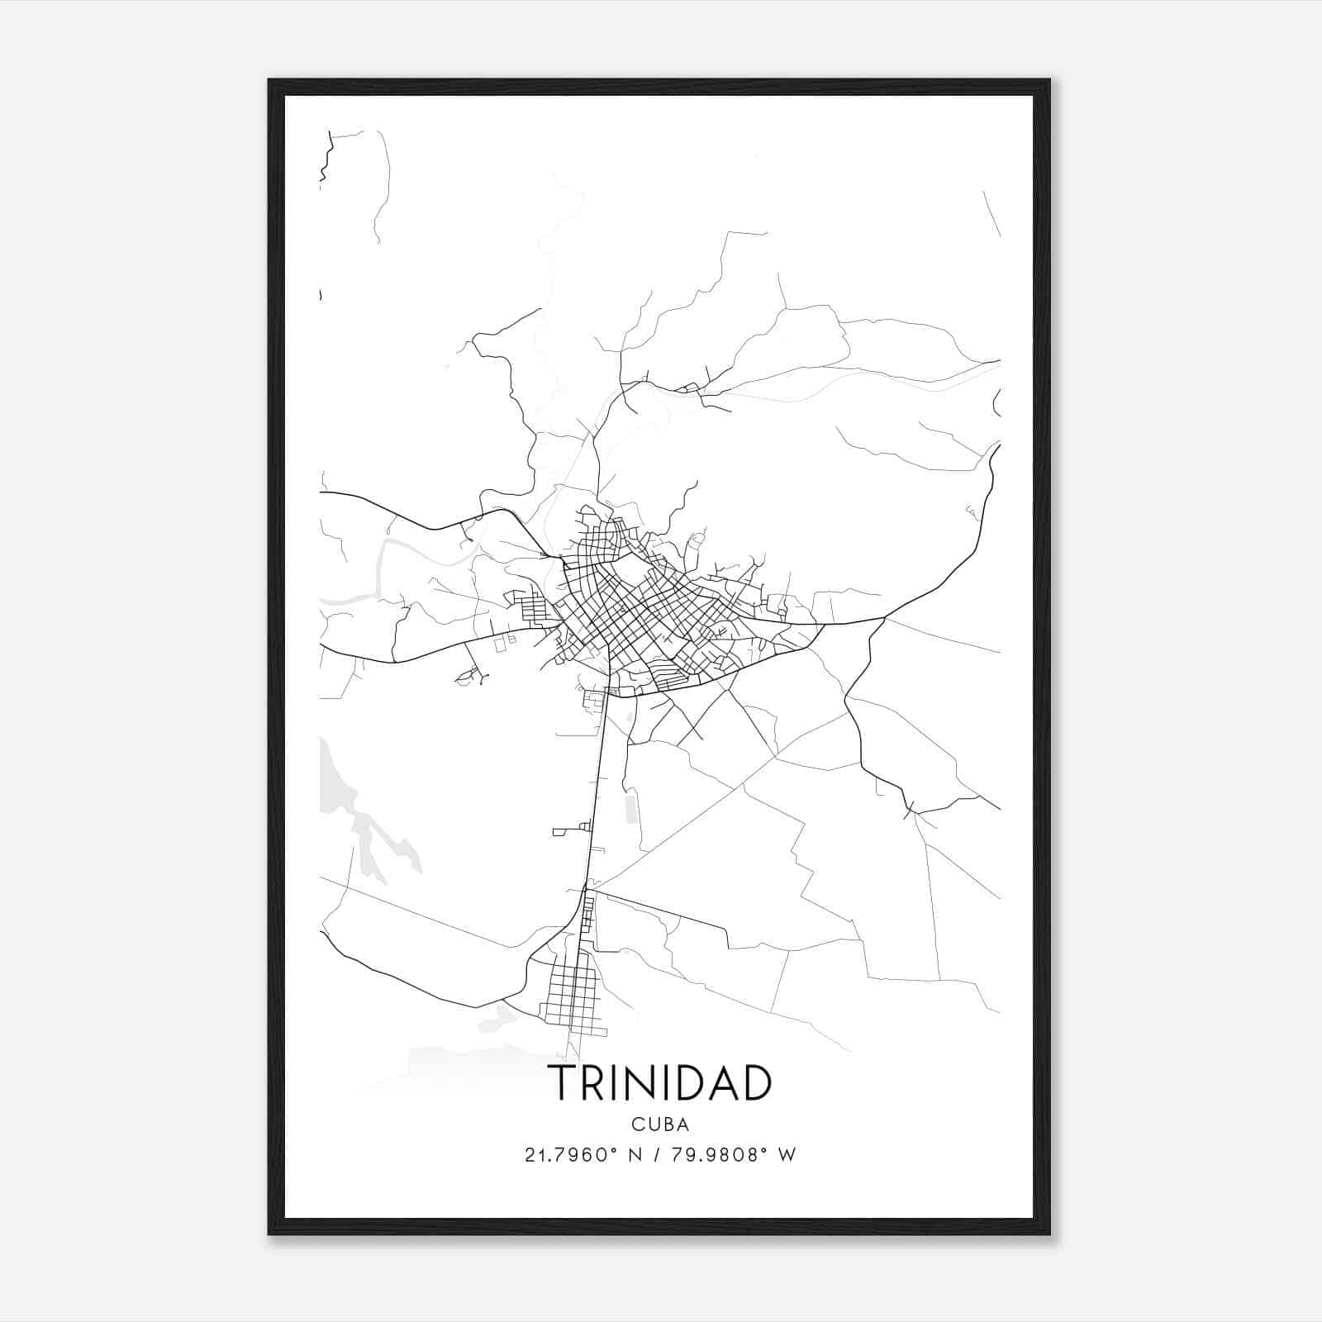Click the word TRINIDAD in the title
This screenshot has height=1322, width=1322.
(660, 1083)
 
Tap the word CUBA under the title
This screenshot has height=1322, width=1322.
(660, 1125)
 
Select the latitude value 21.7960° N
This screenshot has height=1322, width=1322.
(583, 1155)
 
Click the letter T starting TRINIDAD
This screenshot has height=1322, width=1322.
(564, 1083)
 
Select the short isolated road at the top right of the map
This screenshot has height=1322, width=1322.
(991, 213)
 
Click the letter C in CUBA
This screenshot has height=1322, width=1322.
(637, 1125)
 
